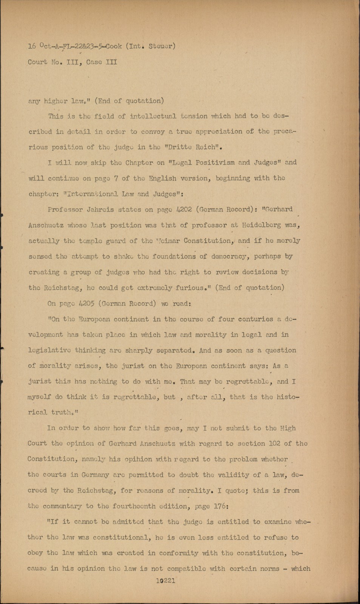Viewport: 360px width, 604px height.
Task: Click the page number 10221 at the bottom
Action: pos(165,581)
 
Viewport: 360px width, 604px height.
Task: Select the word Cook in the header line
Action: pos(114,46)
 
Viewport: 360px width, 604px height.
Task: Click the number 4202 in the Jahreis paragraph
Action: pos(183,210)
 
